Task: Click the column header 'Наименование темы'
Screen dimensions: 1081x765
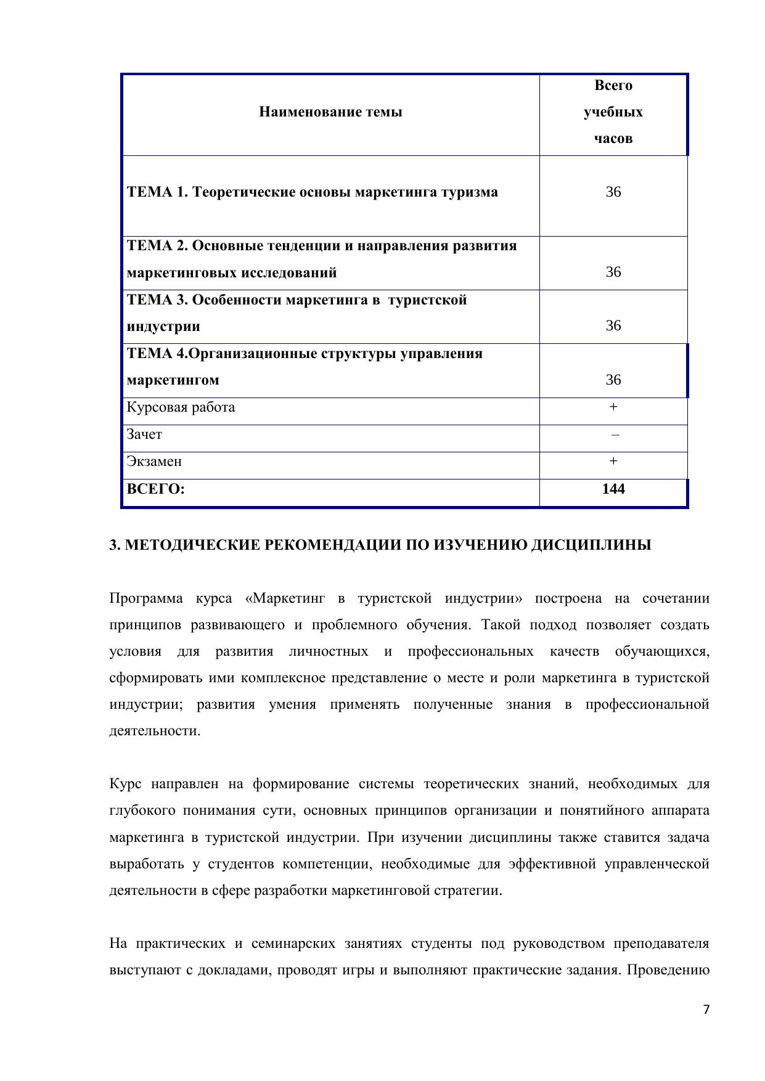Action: [330, 112]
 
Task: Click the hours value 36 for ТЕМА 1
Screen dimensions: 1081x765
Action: [613, 192]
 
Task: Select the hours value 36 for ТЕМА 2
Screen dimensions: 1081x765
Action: [613, 272]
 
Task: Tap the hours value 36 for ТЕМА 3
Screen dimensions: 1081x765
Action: [613, 326]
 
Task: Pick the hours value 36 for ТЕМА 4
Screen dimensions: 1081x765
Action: [613, 380]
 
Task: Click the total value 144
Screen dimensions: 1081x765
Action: [613, 489]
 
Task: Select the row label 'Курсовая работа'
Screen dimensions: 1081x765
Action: [181, 407]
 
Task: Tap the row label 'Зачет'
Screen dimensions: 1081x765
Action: [144, 434]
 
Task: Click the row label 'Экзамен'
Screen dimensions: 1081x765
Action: [154, 462]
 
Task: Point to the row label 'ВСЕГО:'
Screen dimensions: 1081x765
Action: [156, 489]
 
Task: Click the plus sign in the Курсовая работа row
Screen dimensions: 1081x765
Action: [613, 407]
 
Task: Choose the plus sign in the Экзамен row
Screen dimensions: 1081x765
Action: [613, 461]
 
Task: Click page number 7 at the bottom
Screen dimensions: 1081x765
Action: [706, 1010]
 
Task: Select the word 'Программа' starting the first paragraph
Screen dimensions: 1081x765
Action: [146, 598]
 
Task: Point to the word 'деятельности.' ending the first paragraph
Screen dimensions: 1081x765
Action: [155, 732]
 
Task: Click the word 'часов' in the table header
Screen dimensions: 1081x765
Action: [613, 139]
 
